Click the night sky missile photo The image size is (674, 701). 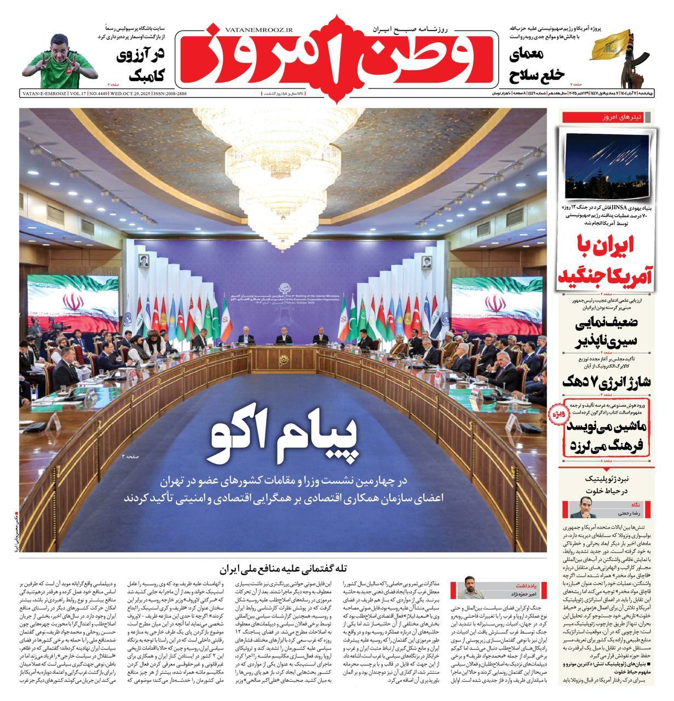[x=604, y=163]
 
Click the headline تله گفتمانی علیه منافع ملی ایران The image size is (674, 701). [x=284, y=568]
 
